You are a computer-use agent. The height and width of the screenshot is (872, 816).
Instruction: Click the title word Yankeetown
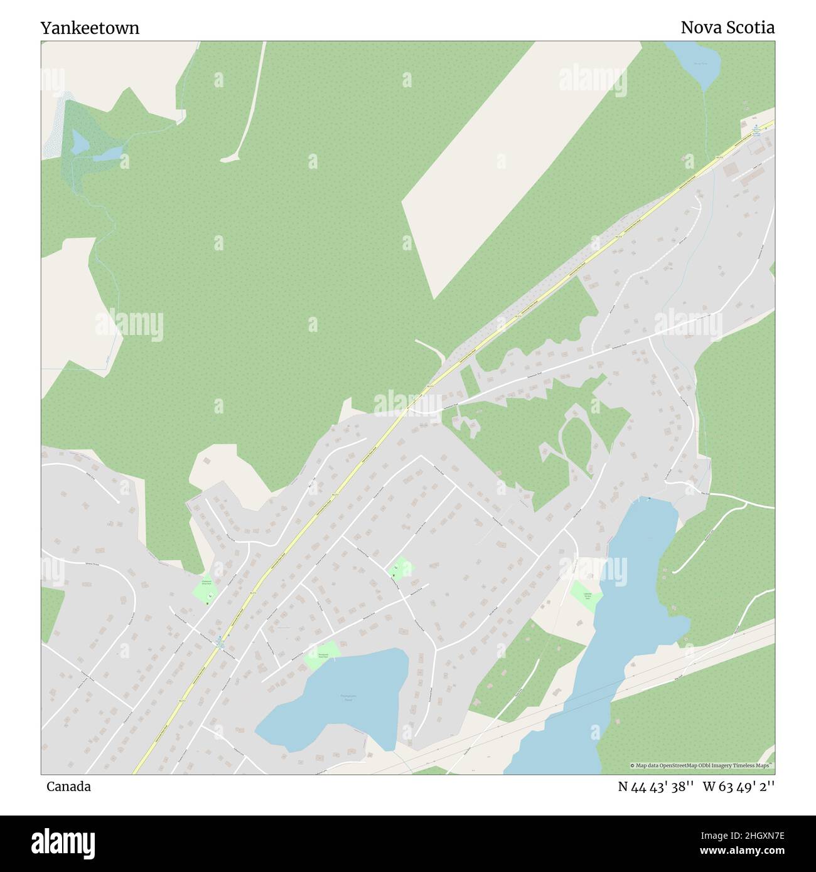(90, 28)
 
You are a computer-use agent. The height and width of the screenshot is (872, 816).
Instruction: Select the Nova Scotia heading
(727, 28)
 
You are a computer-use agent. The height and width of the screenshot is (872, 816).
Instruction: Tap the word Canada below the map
(68, 787)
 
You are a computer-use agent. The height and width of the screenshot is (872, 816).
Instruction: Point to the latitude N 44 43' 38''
(655, 787)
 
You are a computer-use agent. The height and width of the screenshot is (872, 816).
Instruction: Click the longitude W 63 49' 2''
(739, 787)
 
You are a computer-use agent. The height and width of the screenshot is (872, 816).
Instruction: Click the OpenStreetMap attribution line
(702, 766)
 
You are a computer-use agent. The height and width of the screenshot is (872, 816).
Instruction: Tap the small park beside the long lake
(585, 594)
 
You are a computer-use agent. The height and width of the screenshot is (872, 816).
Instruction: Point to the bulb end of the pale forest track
(229, 158)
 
